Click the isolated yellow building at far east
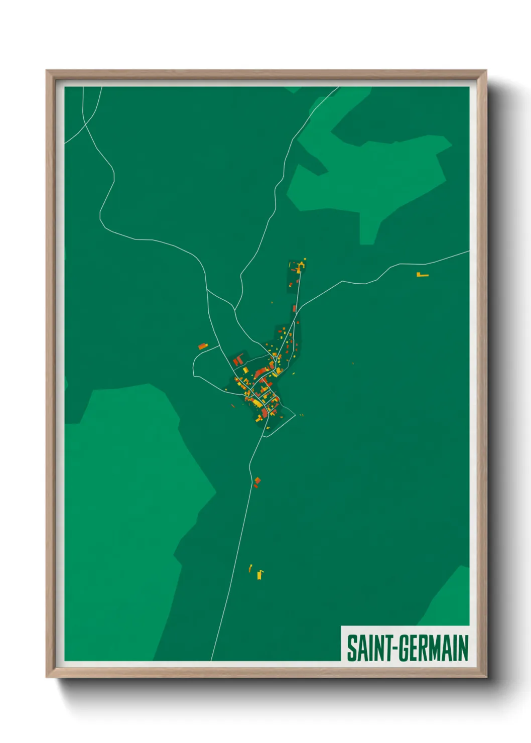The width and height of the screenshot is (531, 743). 422,275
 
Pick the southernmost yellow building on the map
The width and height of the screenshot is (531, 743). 259,575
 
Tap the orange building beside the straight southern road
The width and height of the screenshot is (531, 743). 257,482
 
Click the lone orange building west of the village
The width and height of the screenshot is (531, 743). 203,346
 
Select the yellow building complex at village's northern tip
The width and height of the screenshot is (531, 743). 300,266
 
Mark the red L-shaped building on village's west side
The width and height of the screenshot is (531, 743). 238,360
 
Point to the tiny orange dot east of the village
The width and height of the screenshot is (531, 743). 353,363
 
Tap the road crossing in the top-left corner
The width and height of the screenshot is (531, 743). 85,123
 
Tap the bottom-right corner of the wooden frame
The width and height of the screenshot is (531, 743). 486,677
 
